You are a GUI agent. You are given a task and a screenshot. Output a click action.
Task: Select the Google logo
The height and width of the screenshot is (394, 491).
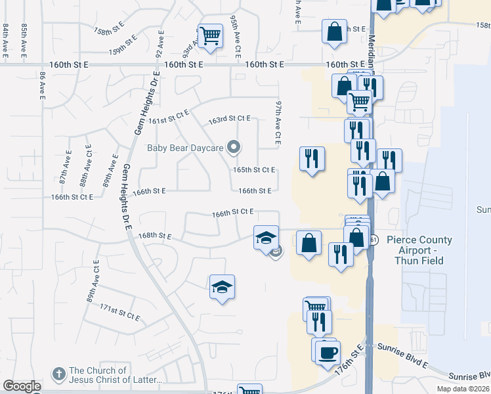(x=22, y=386)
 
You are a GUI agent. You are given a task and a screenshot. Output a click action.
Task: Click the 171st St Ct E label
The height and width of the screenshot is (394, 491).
(x=119, y=311)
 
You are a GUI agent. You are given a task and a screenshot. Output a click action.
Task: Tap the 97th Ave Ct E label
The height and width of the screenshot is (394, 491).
(x=278, y=123)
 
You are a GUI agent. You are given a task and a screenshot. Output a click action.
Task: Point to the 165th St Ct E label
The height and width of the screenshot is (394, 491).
(x=254, y=169)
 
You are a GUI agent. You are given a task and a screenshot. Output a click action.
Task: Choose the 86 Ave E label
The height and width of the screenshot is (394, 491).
(x=42, y=86)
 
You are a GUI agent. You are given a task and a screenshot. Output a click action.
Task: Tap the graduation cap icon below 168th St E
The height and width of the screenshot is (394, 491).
(x=222, y=287)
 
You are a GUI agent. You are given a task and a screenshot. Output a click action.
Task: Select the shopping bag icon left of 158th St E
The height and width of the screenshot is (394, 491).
(x=334, y=31)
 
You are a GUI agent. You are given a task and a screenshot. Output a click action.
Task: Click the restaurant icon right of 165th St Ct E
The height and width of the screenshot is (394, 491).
(x=312, y=158)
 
